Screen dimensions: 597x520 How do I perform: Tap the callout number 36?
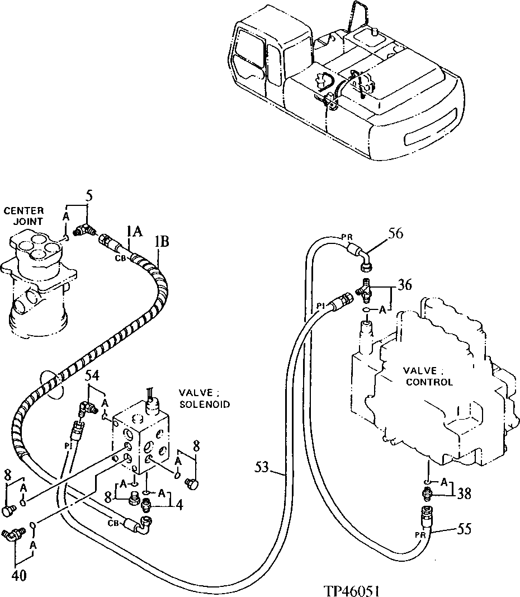405,285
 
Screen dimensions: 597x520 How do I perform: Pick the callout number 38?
464,493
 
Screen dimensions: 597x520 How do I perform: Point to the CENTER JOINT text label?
23,216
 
